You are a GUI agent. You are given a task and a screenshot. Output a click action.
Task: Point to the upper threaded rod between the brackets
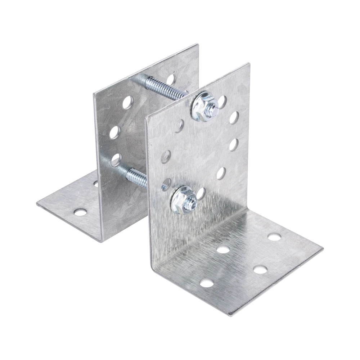[166, 86]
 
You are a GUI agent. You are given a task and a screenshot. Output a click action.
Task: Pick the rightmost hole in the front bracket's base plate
[275, 237]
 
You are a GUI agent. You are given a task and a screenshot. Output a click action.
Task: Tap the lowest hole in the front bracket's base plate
[206, 283]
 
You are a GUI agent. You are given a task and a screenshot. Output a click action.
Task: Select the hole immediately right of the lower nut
[202, 193]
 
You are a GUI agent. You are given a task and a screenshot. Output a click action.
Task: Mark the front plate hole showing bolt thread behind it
[167, 184]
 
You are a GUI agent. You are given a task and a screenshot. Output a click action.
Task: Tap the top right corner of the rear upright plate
[197, 43]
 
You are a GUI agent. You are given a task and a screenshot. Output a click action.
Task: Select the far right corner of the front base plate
[324, 248]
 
